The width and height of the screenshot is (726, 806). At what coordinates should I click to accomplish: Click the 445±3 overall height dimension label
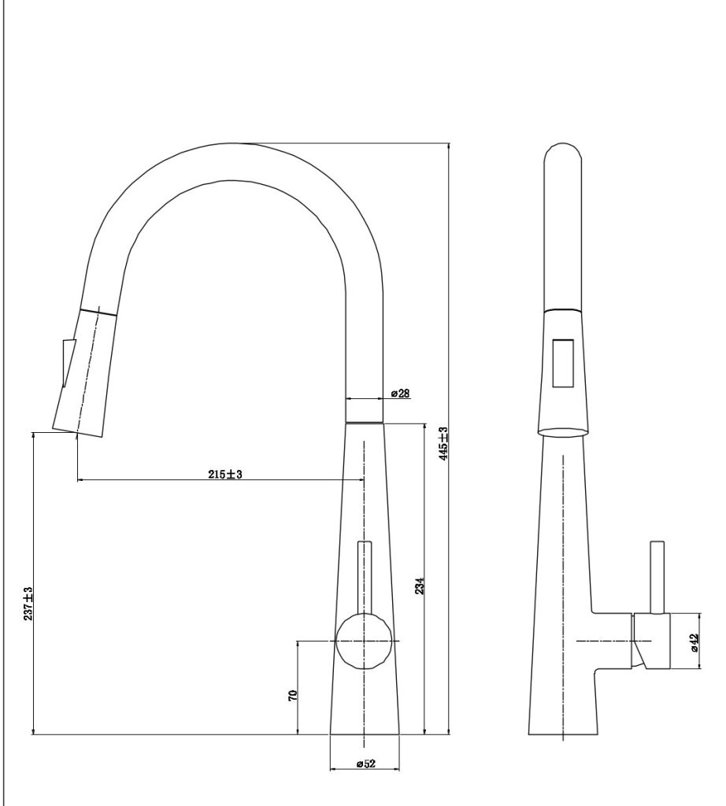444,444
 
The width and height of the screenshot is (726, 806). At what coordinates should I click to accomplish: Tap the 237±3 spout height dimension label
28,604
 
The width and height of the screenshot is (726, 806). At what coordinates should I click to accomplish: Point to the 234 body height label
420,586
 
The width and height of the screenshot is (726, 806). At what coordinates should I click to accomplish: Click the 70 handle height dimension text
293,696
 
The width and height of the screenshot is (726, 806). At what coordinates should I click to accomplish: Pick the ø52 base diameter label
365,763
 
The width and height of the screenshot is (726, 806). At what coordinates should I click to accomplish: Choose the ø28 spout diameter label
400,394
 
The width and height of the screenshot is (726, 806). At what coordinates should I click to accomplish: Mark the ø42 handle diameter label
695,642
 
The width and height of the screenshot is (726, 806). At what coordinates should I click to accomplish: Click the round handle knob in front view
364,641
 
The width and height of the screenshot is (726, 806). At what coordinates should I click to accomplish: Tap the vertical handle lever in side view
657,577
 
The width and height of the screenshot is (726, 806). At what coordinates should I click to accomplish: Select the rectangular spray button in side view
563,363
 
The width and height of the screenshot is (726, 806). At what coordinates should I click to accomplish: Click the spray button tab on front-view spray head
69,363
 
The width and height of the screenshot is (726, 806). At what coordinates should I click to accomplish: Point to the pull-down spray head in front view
84,372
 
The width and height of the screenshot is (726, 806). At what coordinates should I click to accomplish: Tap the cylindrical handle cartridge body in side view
652,641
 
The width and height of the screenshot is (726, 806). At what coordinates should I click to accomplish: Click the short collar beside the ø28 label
365,410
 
